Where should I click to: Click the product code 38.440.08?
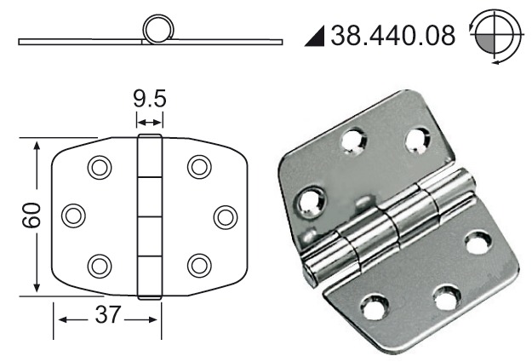[392, 35]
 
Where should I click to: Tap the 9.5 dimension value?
[150, 99]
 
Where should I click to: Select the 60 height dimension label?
[31, 215]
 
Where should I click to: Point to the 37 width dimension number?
[107, 314]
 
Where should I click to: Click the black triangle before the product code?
[315, 36]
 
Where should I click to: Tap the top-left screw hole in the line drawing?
[100, 168]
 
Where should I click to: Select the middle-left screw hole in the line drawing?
[73, 215]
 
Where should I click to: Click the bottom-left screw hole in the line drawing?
[100, 266]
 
